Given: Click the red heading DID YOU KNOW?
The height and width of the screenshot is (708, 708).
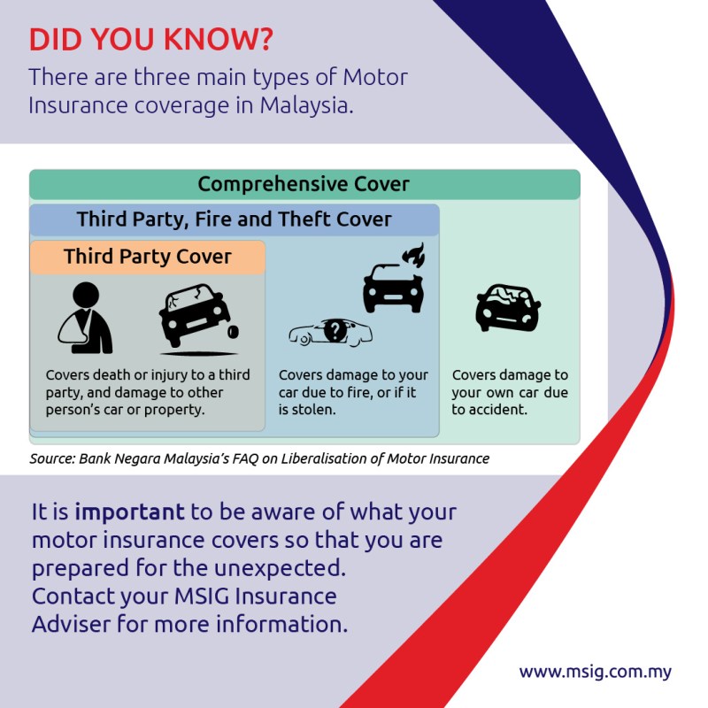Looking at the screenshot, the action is coord(150,39).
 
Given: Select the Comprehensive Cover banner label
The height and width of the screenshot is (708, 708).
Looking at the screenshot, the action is coord(304,184).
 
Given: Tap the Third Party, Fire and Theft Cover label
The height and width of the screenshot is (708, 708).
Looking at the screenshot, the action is coord(234,219).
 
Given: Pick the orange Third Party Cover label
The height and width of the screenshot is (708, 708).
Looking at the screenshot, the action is coord(148,257).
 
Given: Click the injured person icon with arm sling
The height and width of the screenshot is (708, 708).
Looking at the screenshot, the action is coord(85,318).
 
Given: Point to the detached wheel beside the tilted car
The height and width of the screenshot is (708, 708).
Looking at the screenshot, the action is coord(233,332).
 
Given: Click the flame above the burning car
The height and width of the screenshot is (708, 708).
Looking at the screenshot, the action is coord(414,255).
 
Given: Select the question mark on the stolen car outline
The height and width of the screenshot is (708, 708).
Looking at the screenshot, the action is coord(335,330).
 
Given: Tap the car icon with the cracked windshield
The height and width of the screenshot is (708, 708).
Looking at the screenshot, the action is coord(508,307).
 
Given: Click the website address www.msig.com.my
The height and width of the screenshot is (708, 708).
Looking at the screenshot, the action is coord(595,672).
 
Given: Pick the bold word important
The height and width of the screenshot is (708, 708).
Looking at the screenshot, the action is coord(129,512).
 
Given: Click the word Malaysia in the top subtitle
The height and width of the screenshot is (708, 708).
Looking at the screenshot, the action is coord(306,105).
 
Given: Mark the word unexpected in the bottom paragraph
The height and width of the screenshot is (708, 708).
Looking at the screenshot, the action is coord(280,568).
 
